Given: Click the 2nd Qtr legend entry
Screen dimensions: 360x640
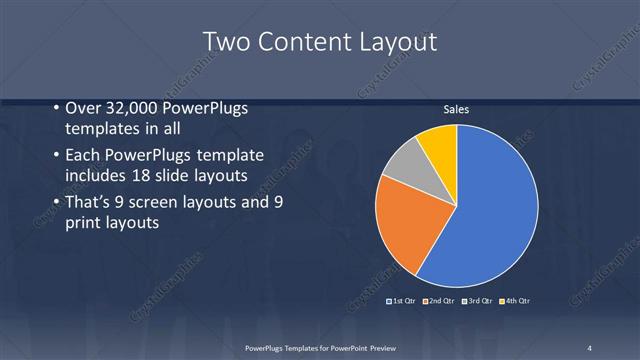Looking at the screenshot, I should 438,301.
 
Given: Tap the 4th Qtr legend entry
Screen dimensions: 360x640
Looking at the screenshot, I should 515,301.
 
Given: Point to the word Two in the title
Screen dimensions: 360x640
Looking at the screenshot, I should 227,42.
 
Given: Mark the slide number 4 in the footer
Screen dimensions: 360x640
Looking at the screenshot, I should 590,347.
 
